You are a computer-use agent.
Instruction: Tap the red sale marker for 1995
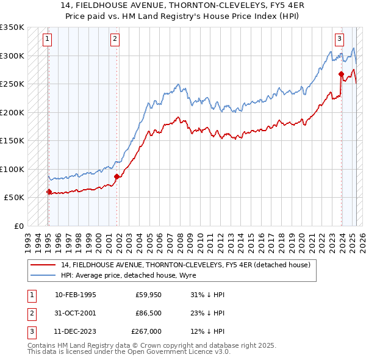(49, 192)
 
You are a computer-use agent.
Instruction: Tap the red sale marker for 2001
(117, 177)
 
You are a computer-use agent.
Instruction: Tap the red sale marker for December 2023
(341, 74)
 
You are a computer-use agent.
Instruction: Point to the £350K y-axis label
(12, 27)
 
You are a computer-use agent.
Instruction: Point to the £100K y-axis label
(12, 169)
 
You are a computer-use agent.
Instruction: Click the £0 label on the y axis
(18, 226)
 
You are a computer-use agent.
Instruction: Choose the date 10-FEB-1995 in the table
(75, 295)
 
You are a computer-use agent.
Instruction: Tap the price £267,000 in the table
(146, 331)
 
